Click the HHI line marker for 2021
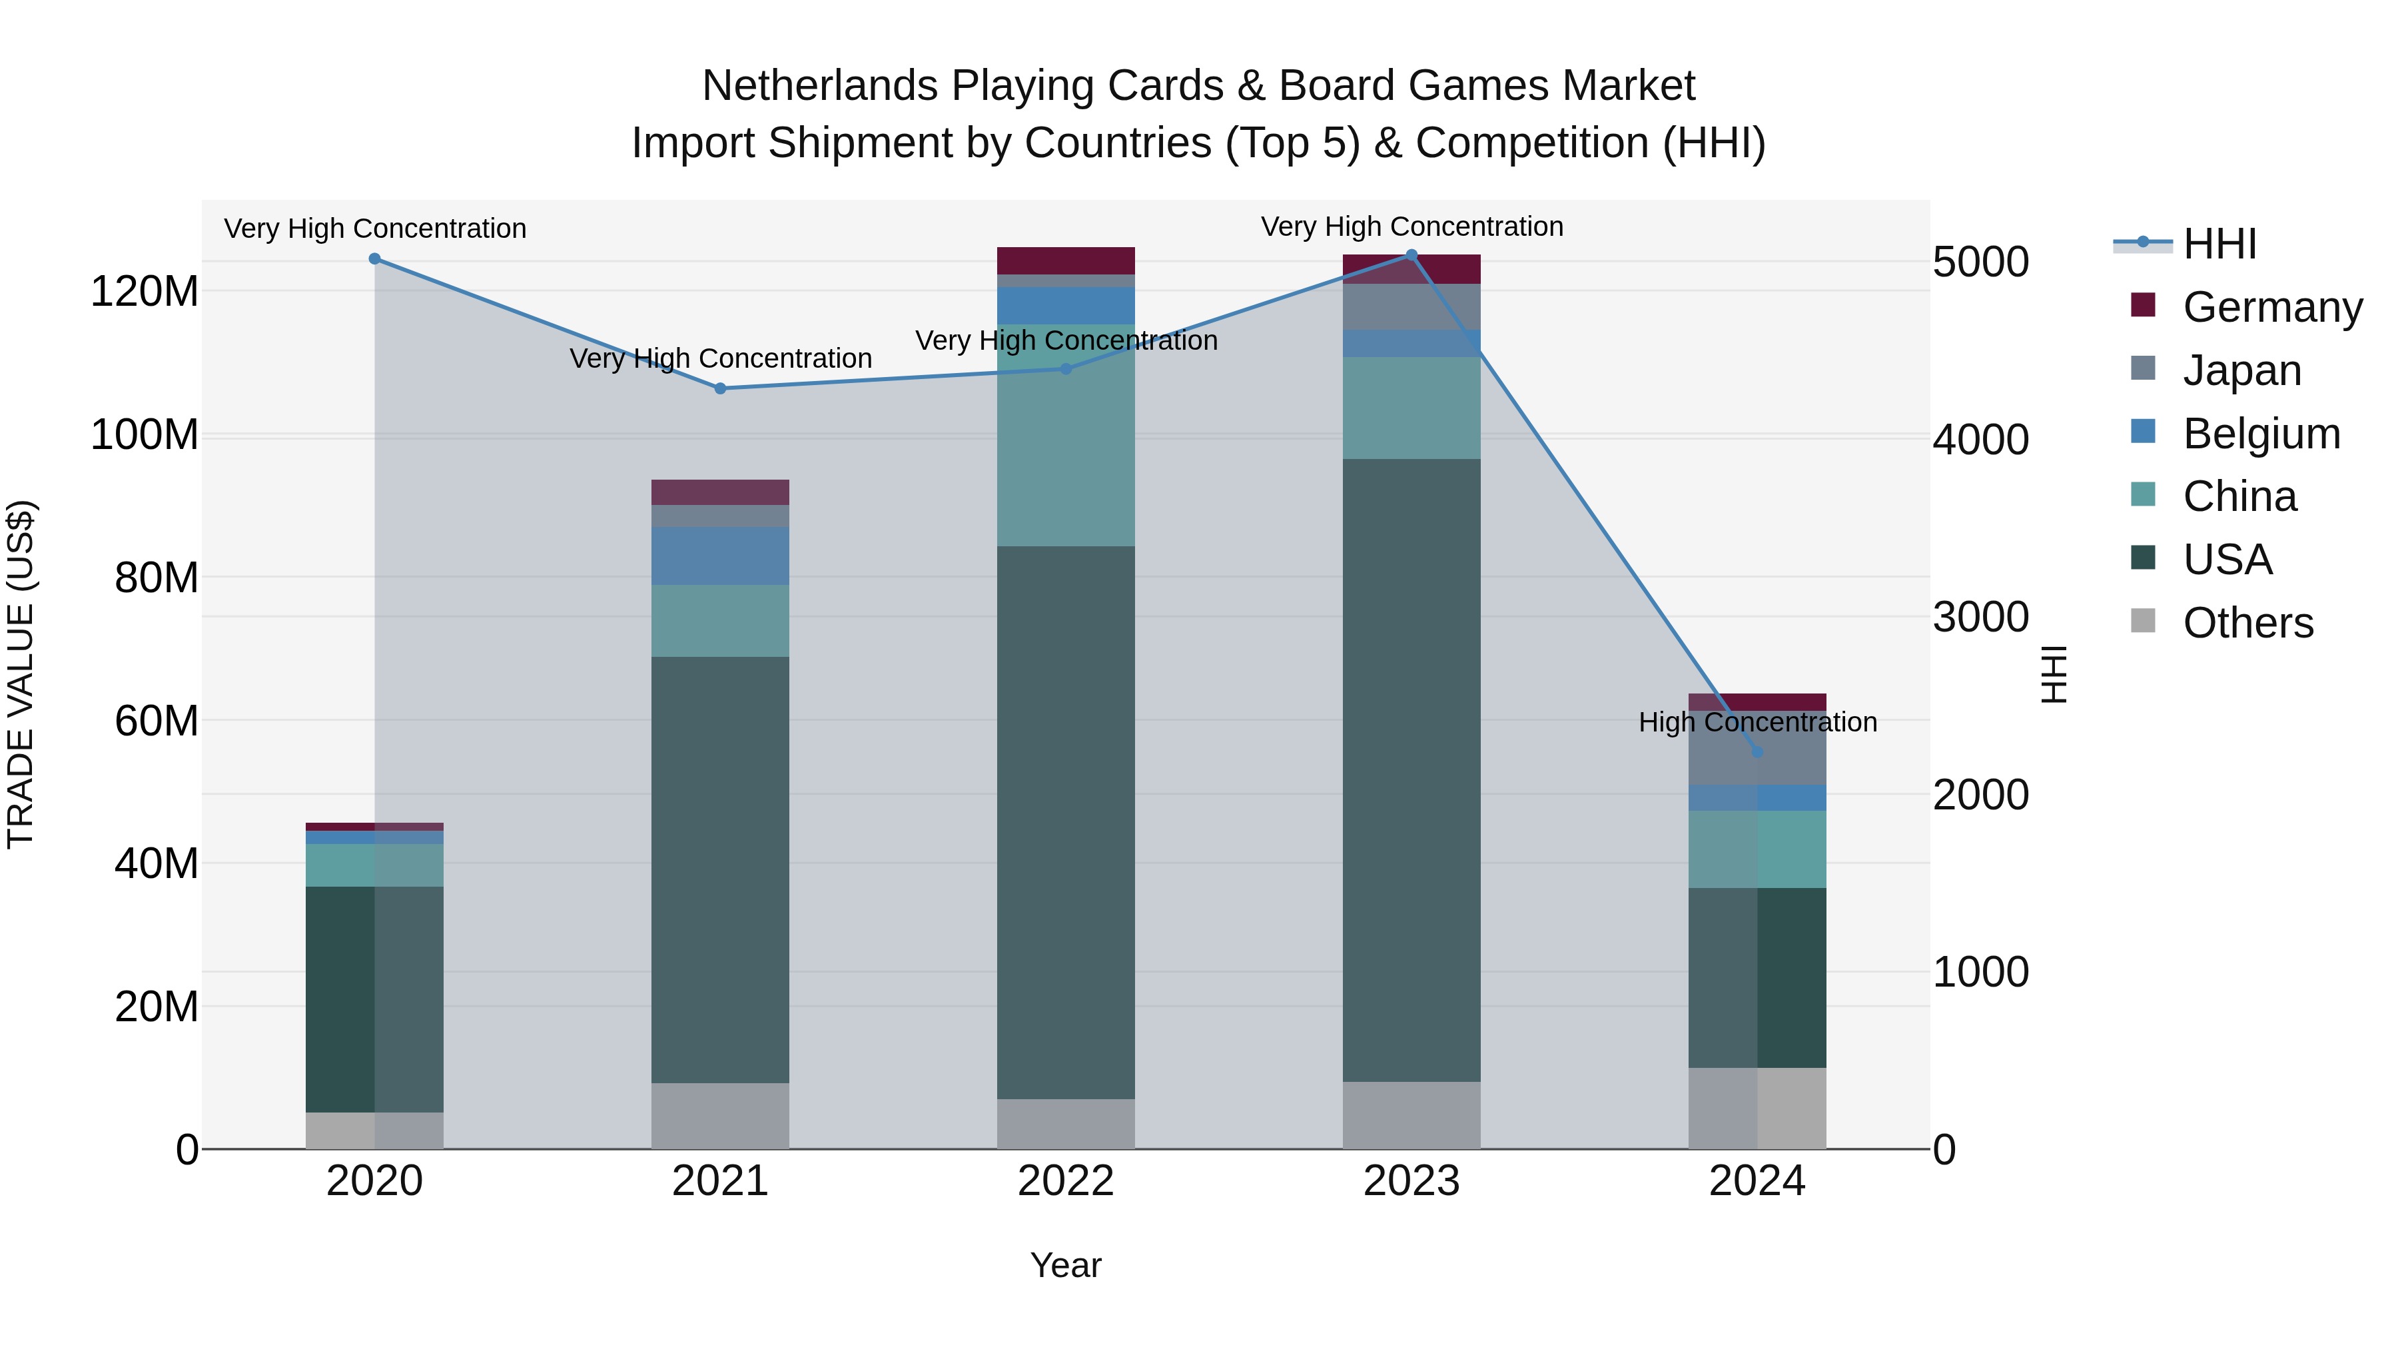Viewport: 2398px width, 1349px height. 719,388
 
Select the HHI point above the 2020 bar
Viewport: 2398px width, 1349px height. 374,259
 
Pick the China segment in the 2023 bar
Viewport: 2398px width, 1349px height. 1411,408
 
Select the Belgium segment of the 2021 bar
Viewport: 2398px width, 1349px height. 719,556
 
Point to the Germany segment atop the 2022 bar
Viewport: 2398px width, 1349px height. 1066,260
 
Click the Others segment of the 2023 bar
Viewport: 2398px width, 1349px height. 1411,1115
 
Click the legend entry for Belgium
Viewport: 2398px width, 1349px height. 2260,434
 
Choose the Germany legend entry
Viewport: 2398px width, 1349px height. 2271,307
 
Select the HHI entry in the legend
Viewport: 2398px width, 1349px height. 2219,244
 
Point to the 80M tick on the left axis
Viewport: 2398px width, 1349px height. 157,578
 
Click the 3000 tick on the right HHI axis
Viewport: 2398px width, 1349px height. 1981,618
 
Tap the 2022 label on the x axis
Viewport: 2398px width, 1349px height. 1066,1181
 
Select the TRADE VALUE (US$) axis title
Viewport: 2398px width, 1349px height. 21,674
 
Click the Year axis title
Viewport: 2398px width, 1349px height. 1066,1265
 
